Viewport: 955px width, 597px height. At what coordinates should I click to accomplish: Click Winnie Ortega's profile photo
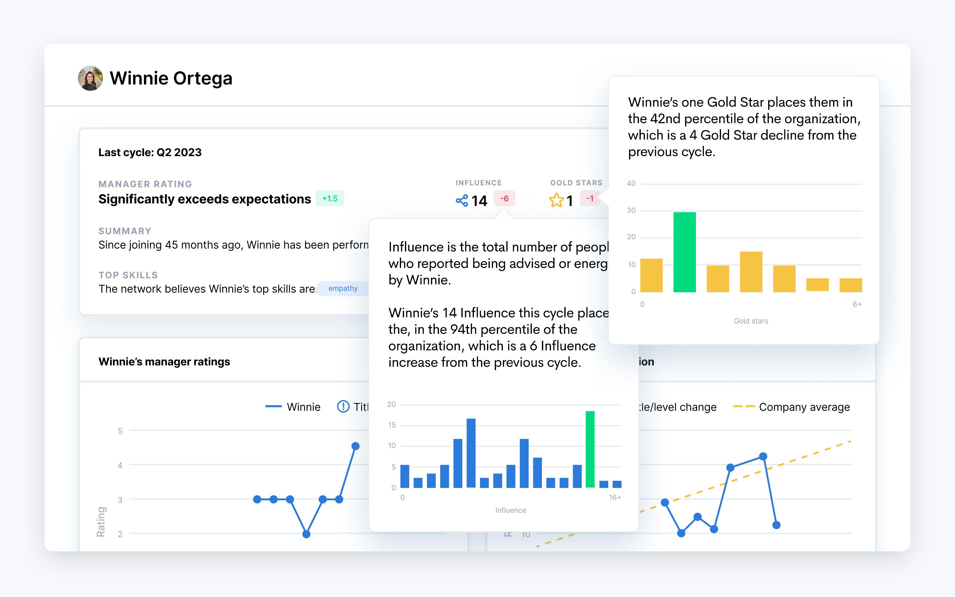(90, 78)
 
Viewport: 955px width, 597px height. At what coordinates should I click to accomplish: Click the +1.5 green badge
(329, 199)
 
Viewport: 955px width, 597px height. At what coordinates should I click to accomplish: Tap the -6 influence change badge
(504, 199)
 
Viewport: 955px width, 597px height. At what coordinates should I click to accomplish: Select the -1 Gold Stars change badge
(590, 199)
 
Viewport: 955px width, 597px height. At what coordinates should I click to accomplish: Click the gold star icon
(556, 200)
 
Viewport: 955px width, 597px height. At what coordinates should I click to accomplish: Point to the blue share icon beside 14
(462, 201)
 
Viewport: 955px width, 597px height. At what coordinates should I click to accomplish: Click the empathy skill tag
(343, 289)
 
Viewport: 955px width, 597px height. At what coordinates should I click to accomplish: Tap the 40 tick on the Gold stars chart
(631, 184)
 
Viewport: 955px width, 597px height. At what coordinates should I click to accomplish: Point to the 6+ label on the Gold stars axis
(857, 304)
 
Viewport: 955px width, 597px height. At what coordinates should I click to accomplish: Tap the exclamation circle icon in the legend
(343, 406)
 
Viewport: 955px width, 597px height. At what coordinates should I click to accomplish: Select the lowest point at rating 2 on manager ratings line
(306, 534)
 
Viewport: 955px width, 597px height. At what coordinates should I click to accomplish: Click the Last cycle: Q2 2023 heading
(150, 153)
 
